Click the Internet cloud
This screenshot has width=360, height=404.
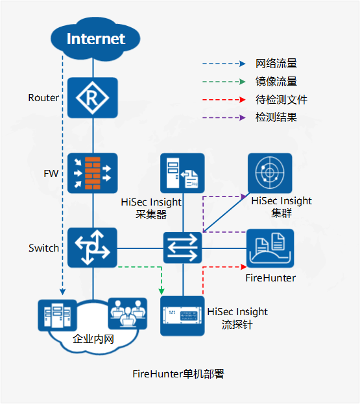(95, 39)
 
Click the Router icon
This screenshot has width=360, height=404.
(92, 98)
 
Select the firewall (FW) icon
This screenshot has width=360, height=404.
(92, 173)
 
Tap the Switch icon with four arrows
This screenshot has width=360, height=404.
(92, 248)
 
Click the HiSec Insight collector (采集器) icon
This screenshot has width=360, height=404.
(182, 173)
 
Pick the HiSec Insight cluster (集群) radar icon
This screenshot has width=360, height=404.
(270, 173)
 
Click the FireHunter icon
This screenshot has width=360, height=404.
(270, 248)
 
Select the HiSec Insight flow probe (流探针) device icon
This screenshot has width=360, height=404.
(182, 315)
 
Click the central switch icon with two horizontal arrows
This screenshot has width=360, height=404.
(182, 248)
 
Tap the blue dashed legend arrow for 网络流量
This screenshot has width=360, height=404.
(224, 64)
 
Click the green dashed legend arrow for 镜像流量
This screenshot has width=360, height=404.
(224, 82)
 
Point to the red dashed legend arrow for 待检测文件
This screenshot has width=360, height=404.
(224, 100)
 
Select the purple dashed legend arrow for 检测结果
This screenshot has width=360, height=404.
(224, 118)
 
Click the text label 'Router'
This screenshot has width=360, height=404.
(43, 98)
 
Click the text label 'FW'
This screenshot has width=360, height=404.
(51, 174)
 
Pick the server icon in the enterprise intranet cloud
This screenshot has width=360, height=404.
(54, 314)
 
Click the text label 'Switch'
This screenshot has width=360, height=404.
(43, 248)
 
